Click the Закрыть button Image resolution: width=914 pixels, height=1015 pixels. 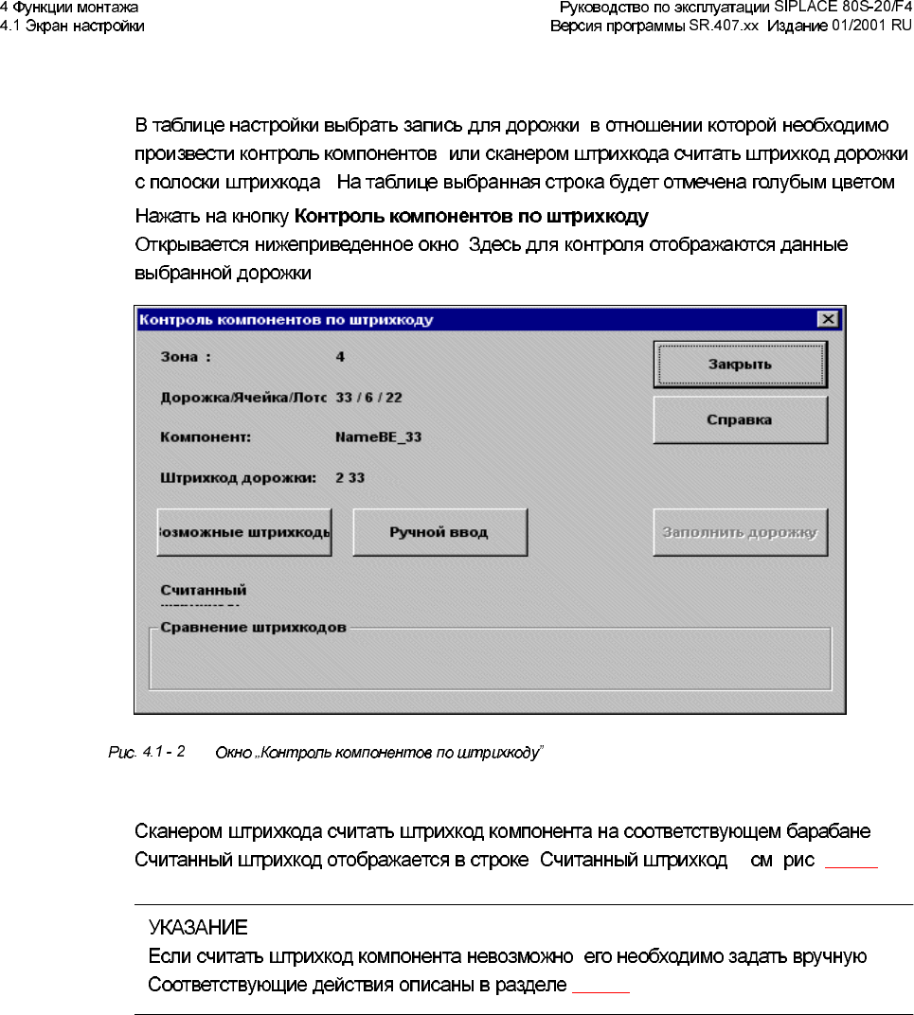pos(740,365)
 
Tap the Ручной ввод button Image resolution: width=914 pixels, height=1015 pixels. pos(439,532)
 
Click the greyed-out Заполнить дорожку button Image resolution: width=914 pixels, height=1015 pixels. pos(740,532)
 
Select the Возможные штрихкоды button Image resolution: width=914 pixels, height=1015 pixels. pos(244,532)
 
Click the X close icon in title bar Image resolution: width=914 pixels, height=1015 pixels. pos(828,320)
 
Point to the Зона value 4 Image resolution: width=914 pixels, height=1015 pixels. pos(340,357)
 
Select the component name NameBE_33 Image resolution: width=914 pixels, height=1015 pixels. pos(378,437)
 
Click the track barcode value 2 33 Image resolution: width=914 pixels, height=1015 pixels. pos(350,478)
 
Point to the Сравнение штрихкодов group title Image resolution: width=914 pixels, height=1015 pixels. pos(254,627)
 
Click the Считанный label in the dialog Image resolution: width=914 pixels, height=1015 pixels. pos(204,591)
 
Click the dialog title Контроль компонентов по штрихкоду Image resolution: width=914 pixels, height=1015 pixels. pos(287,320)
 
